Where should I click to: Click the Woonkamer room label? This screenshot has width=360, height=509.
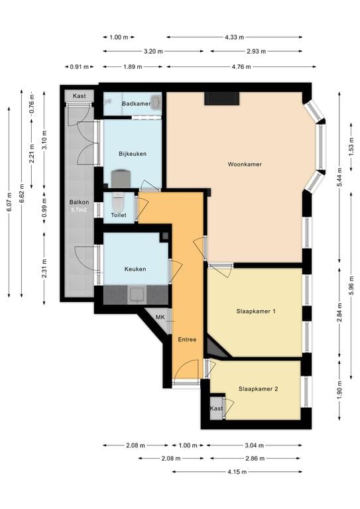coord(245,164)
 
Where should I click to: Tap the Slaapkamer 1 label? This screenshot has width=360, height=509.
coord(256,311)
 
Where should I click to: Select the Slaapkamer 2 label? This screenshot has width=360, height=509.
coord(258,389)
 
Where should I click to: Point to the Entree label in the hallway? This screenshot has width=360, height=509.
coord(187,339)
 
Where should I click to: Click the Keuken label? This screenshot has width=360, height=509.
coord(135,269)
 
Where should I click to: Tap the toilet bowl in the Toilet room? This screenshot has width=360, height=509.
coord(118,201)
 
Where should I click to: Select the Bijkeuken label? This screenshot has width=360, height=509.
coord(133,154)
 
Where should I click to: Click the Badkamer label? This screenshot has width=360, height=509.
coord(137,104)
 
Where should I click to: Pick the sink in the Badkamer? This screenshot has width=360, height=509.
coord(156,101)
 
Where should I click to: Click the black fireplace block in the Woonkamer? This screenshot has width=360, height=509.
coord(221,98)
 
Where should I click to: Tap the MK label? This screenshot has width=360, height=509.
coord(160,317)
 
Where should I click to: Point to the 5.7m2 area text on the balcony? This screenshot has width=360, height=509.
coord(79,209)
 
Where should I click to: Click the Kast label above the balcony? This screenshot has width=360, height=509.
coord(79,95)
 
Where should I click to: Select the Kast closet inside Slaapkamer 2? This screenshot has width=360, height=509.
coord(217,408)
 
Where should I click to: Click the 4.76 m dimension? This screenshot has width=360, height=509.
coord(242,67)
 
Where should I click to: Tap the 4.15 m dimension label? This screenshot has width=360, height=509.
coord(237,472)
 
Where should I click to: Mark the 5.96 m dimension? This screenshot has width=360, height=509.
coord(351,286)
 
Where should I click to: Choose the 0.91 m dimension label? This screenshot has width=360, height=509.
coord(79,67)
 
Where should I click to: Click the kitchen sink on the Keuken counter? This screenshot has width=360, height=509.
coord(137,295)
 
